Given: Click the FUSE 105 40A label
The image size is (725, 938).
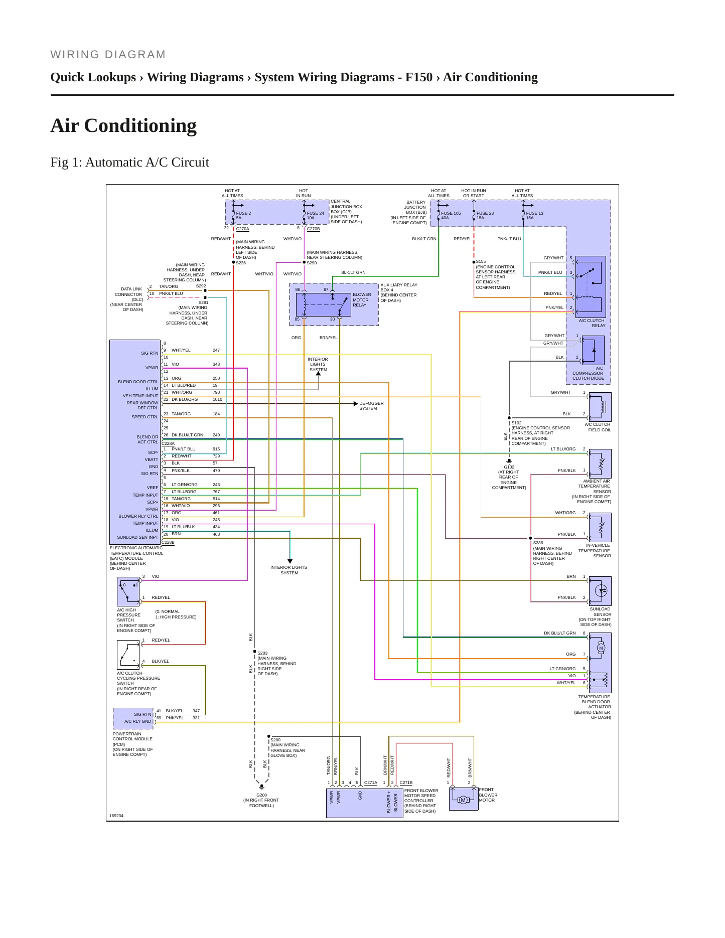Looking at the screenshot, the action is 451,216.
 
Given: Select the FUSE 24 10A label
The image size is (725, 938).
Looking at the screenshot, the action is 315,216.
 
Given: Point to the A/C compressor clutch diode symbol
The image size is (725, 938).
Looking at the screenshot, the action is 593,350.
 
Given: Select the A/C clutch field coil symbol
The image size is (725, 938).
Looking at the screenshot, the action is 600,406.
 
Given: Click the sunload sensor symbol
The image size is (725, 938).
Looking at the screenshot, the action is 600,591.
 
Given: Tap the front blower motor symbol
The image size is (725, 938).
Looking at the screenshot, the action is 463,799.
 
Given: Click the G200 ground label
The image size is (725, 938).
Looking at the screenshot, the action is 262,795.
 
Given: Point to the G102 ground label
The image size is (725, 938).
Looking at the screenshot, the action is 509,467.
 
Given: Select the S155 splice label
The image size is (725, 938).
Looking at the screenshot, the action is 481,261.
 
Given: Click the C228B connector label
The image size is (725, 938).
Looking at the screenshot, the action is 168,542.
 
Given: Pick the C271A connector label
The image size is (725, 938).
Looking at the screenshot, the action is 371,783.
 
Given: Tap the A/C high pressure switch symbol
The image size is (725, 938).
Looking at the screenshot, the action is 128,592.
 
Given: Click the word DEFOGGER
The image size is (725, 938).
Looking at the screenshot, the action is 371,403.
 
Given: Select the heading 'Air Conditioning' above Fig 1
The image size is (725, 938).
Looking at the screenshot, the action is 123,125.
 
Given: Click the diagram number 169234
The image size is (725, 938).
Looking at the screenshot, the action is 116,816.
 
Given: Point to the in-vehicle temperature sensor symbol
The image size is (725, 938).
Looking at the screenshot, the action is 600,527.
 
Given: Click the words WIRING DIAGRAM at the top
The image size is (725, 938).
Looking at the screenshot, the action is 108,55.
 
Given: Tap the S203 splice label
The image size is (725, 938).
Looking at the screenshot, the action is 262,653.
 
